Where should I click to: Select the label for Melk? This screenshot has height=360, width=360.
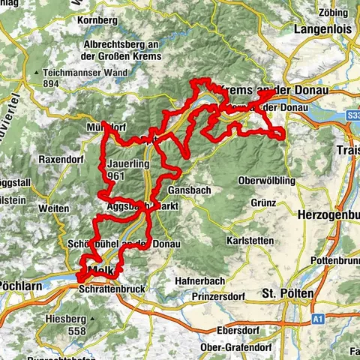(x=101, y=271)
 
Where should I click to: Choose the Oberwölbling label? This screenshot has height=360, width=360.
(x=265, y=181)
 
